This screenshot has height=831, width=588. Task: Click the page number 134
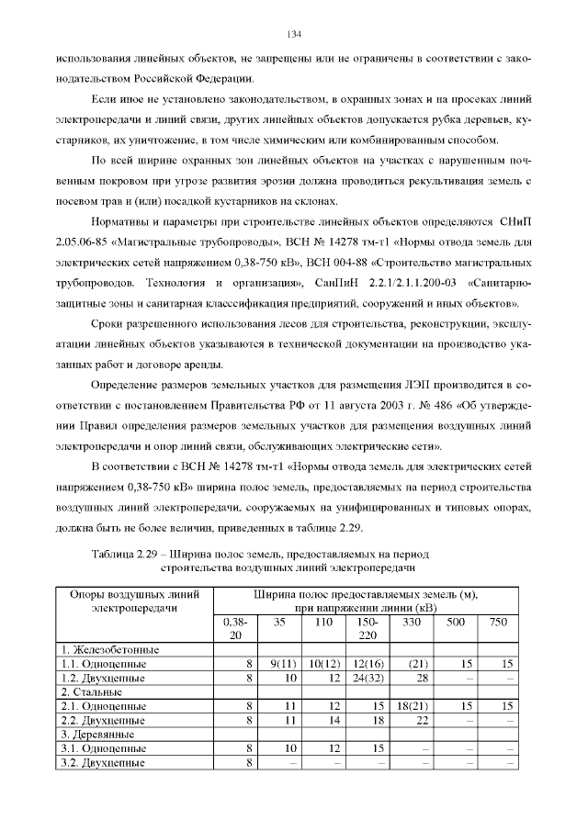(x=294, y=35)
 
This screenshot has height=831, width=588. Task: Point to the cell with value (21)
(x=419, y=663)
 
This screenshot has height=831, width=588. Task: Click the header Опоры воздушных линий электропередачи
(x=134, y=601)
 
